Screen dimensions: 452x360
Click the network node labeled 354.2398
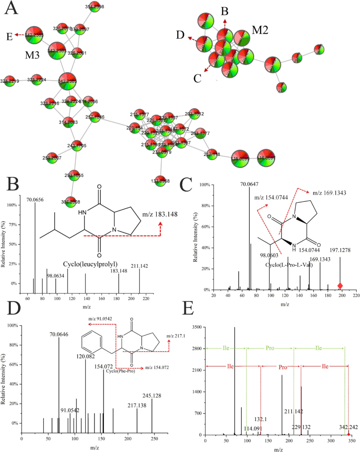pos(95,7)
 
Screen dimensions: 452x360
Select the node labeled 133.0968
pos(160,181)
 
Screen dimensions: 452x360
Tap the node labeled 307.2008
pos(71,202)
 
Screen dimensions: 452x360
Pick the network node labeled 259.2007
pos(52,158)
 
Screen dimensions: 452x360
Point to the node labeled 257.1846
pos(95,117)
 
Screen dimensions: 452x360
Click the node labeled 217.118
pos(212,154)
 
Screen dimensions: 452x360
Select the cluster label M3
pos(32,55)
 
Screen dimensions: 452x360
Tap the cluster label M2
pos(260,30)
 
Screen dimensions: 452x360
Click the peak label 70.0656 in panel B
pos(35,200)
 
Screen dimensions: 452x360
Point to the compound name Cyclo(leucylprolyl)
pos(90,264)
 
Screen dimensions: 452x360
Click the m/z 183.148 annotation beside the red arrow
pos(160,214)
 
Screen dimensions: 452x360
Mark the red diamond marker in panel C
pos(340,286)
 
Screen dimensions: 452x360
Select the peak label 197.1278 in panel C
pos(340,250)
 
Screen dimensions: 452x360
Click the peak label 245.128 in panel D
pos(152,396)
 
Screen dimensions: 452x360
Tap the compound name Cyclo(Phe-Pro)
pos(121,371)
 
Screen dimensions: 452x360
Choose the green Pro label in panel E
pos(270,348)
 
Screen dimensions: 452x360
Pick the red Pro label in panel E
pos(283,367)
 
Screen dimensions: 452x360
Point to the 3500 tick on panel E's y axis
pos(197,327)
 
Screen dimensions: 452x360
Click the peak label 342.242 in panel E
pos(348,427)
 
